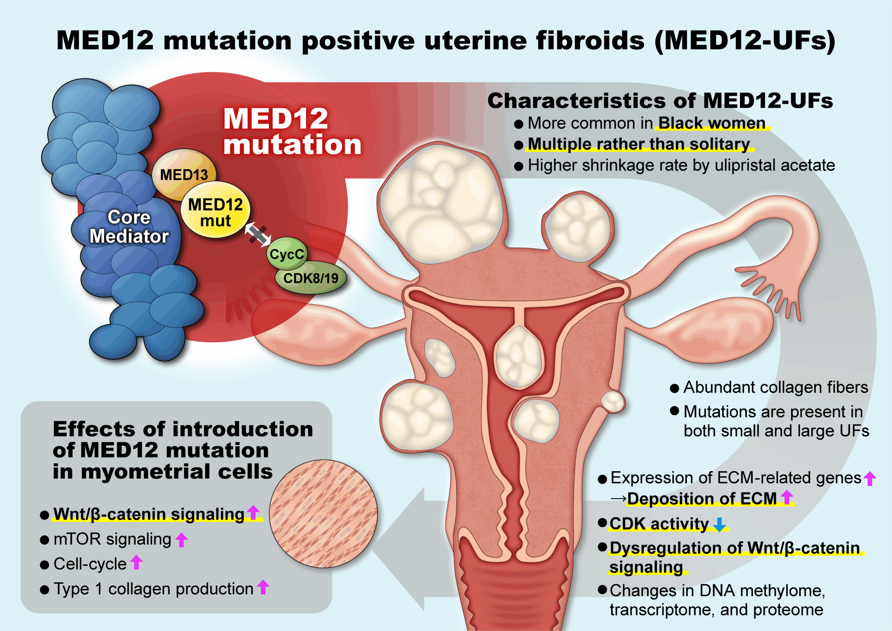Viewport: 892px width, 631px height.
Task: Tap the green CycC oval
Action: point(287,254)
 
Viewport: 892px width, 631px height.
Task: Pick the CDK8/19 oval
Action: point(310,277)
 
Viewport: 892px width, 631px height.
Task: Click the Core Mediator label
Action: point(129,227)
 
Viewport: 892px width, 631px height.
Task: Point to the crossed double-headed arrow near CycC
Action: point(257,234)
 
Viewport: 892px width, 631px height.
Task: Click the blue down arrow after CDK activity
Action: point(719,524)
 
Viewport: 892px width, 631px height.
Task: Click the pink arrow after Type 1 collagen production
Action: point(263,587)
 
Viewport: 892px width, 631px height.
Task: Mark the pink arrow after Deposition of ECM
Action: point(787,497)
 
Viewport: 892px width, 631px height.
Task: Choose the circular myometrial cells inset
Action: point(323,514)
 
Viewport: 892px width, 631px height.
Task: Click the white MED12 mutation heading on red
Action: point(292,131)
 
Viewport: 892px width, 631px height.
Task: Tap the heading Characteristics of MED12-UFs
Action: point(660,101)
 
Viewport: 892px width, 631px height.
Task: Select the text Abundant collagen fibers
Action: point(776,387)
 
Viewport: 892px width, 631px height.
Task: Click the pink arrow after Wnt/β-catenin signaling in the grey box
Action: point(253,513)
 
